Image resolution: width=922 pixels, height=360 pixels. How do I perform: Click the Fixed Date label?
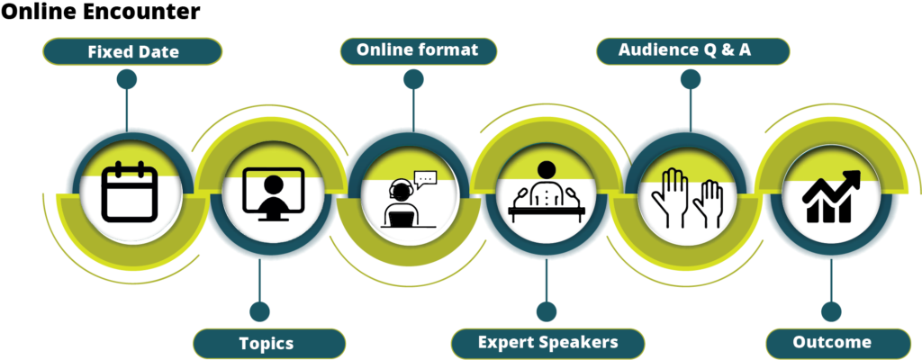coord(132,52)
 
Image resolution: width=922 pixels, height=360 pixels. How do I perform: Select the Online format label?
coord(417,50)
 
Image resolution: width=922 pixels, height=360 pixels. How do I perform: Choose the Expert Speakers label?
coord(547,343)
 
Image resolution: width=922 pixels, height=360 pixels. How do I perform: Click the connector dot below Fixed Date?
coord(127,79)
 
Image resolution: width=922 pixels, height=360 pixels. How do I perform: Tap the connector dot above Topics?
coord(259,311)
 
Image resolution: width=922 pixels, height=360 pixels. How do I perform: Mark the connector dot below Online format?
coord(413,79)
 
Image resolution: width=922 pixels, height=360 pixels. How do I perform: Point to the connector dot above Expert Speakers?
coord(546,311)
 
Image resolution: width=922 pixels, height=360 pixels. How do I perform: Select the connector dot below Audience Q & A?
coord(691,79)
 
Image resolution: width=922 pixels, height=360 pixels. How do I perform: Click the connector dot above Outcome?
coord(831,311)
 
